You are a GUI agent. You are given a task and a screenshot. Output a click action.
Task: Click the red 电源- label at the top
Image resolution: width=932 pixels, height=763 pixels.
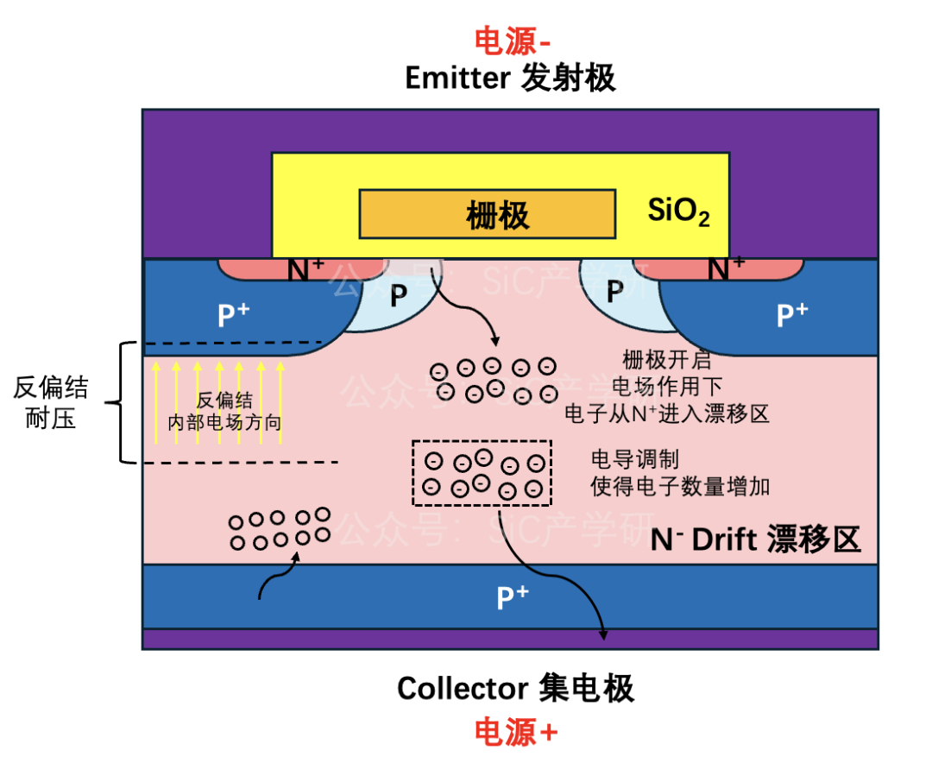point(513,41)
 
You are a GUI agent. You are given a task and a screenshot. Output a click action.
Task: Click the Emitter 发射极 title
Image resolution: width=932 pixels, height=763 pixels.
point(510,78)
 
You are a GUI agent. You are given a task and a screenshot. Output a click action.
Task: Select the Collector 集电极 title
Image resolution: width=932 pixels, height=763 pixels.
point(515,689)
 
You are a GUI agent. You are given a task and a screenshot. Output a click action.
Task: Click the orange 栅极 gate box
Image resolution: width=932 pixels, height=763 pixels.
point(488,214)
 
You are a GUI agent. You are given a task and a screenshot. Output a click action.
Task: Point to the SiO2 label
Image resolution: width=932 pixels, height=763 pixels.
point(679,211)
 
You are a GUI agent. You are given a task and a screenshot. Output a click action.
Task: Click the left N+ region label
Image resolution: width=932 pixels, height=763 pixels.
point(305,269)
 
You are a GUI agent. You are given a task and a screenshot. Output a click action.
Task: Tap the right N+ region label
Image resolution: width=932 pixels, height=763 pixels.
point(726,268)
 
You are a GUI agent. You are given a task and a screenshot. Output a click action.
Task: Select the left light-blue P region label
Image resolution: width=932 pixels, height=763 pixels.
point(398,295)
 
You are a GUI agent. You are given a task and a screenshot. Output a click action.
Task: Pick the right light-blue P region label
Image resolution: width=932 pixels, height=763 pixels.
point(614,292)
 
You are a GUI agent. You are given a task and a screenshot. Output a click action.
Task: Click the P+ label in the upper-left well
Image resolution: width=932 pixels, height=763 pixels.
point(234,314)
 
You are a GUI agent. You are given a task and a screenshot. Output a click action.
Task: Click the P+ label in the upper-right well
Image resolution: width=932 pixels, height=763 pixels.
point(792,314)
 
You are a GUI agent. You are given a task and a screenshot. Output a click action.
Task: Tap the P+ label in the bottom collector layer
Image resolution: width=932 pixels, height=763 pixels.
point(513,597)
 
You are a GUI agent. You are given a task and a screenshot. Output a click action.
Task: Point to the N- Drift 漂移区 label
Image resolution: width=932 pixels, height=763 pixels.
point(755,539)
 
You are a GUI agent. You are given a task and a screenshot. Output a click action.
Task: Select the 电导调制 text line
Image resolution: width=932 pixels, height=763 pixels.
point(635,460)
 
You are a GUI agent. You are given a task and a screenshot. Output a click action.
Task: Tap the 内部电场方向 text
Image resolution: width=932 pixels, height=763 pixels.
point(224,423)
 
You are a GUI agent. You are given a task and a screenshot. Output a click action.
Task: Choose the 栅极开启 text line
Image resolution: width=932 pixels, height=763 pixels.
point(667,360)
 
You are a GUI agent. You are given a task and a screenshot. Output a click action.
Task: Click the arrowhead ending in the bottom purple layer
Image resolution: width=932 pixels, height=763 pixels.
point(603,635)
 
